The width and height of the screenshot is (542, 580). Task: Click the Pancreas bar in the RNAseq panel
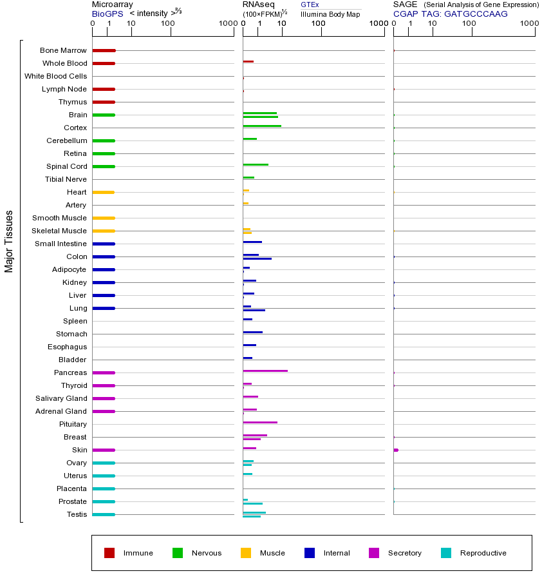pos(265,371)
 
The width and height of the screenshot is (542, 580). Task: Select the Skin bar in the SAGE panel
pos(396,450)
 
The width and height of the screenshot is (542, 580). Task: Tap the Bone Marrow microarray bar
pos(104,50)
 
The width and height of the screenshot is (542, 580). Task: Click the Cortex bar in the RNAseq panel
pos(262,126)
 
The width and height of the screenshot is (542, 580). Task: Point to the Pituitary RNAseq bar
pos(260,422)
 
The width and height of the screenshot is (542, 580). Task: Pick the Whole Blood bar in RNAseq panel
pos(248,61)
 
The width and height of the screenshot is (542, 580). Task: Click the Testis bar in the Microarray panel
pos(104,514)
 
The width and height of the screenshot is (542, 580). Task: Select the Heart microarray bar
pos(104,192)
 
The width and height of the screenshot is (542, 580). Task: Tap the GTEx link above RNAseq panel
pos(310,5)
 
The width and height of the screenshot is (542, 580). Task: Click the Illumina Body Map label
pos(330,14)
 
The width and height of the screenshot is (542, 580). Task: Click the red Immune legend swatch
pos(109,553)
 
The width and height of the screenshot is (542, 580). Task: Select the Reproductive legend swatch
pos(446,553)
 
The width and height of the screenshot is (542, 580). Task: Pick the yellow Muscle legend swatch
pos(246,553)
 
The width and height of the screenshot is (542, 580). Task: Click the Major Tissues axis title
pos(9,241)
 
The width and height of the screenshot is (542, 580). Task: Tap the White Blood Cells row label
pos(55,76)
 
